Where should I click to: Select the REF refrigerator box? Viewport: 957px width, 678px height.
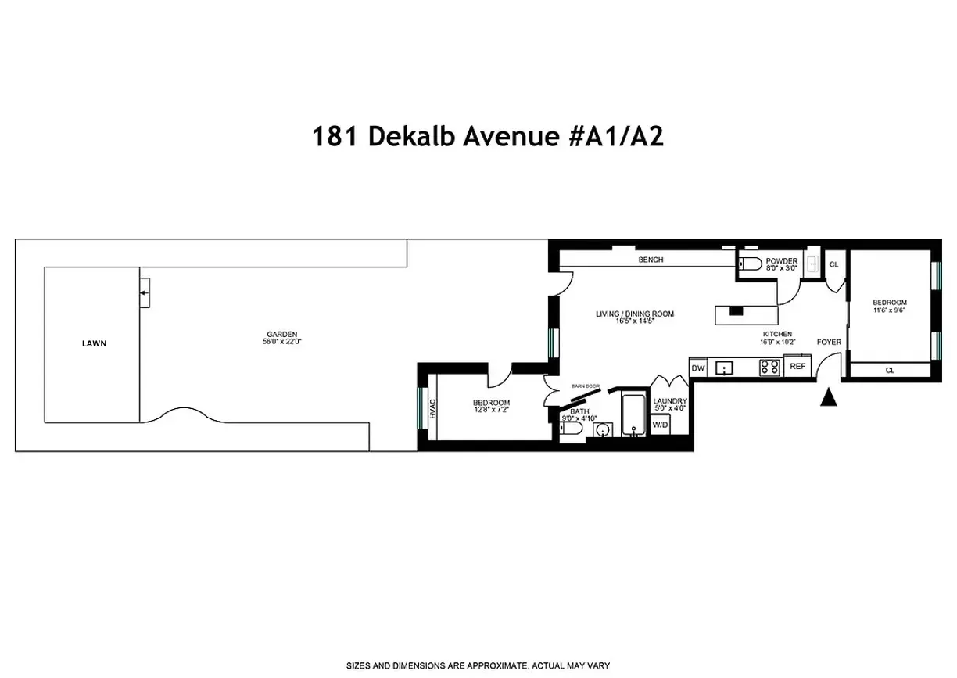(797, 366)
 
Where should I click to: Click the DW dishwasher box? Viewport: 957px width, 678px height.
(698, 367)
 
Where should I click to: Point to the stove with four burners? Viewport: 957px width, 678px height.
(769, 366)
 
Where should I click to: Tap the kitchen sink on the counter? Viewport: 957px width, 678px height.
(724, 366)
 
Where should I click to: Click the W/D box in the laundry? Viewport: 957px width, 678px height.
(661, 425)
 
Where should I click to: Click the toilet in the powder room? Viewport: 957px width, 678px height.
(748, 264)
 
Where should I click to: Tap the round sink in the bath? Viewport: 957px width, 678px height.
(602, 429)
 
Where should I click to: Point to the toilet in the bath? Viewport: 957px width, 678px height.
(572, 430)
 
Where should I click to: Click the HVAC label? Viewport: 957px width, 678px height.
(432, 408)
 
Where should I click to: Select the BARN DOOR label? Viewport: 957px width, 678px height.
(585, 386)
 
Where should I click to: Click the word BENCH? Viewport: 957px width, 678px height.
(651, 260)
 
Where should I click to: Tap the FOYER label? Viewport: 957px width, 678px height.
(829, 342)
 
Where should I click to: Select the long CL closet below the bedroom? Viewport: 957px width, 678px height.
(890, 370)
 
